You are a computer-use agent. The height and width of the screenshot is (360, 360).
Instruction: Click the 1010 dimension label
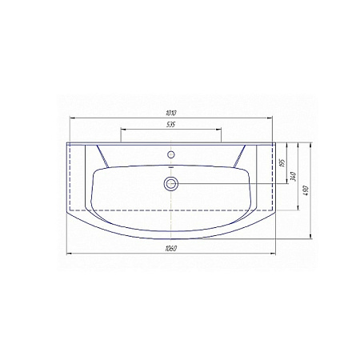(x=171, y=113)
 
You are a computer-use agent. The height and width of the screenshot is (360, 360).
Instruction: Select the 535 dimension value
(x=171, y=125)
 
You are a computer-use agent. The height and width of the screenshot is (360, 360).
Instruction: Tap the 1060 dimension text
(x=171, y=249)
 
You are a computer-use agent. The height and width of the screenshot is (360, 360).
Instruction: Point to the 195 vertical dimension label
(x=282, y=163)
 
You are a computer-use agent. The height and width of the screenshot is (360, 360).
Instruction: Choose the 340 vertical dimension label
(x=294, y=177)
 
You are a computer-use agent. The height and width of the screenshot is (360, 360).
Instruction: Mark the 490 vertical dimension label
(x=306, y=190)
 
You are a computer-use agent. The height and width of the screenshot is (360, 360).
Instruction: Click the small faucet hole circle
(x=170, y=154)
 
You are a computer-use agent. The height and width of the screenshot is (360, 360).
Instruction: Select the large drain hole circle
(x=171, y=183)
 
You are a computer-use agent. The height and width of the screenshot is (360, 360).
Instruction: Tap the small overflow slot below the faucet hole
(x=171, y=167)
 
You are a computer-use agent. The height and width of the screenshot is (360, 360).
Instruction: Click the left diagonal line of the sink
(x=102, y=156)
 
